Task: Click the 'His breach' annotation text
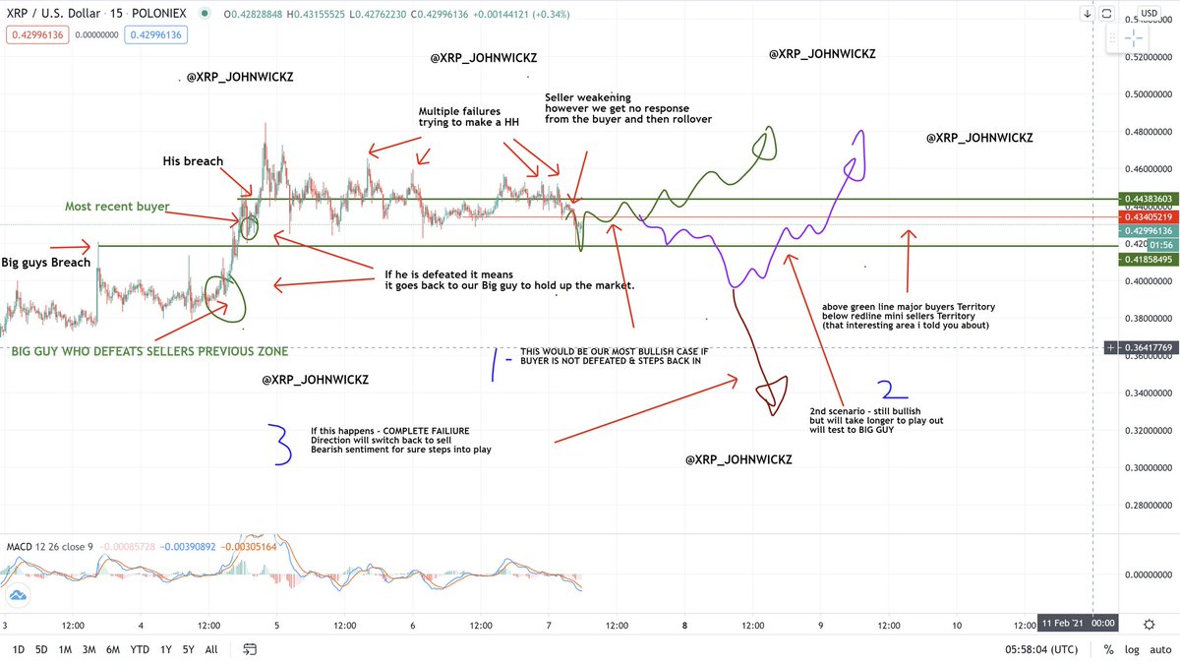[193, 161]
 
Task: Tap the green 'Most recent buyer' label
[117, 207]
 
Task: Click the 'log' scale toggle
[1131, 649]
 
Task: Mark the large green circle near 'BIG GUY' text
[226, 298]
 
